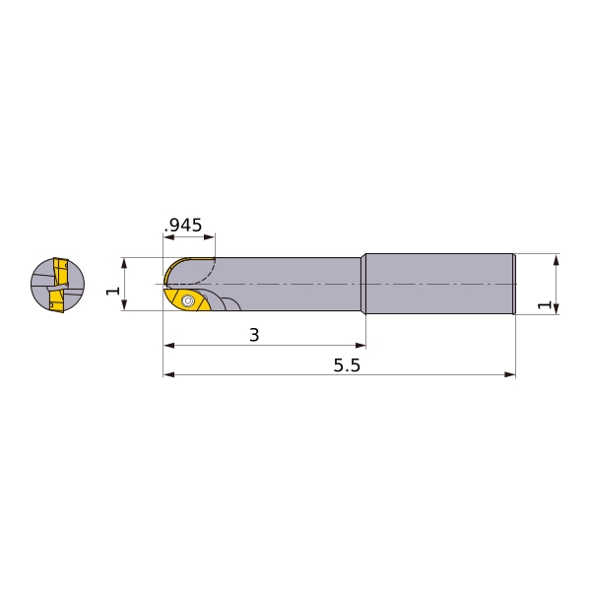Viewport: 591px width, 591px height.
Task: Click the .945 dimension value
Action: [x=183, y=226]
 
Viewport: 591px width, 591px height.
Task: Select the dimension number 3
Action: [x=254, y=335]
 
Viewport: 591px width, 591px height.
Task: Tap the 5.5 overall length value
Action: [x=347, y=365]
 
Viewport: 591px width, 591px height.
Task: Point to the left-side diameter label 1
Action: [x=113, y=291]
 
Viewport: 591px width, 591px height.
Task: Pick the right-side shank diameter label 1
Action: [x=545, y=304]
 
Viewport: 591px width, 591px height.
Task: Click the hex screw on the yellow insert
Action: [x=187, y=300]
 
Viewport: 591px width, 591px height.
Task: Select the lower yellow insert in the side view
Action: [x=187, y=300]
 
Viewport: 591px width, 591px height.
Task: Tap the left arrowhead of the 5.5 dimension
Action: [x=168, y=374]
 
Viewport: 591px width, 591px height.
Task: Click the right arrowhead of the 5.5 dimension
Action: [x=510, y=374]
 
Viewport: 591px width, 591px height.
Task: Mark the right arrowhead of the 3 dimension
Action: [x=361, y=346]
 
